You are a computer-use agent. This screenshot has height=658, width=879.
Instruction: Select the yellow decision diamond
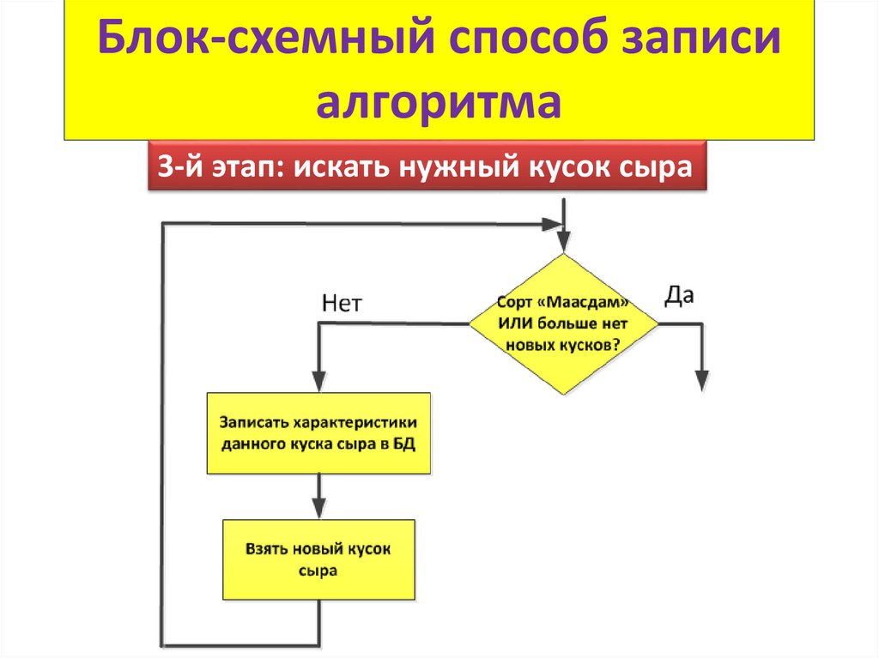[x=562, y=323]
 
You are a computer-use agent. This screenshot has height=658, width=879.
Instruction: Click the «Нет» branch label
[x=342, y=302]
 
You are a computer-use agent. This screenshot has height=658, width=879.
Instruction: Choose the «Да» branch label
[x=679, y=296]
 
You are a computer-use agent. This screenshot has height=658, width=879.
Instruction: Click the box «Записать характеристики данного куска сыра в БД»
[x=318, y=433]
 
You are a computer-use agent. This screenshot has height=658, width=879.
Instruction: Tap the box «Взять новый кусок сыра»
[x=318, y=559]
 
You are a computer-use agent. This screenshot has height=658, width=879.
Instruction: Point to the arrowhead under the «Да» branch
[x=702, y=380]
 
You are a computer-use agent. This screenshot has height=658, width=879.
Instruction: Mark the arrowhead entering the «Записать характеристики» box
[x=318, y=383]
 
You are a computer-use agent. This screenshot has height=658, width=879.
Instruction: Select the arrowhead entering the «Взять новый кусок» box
[x=318, y=509]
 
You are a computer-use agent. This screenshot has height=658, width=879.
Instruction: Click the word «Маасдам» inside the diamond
[x=587, y=305]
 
